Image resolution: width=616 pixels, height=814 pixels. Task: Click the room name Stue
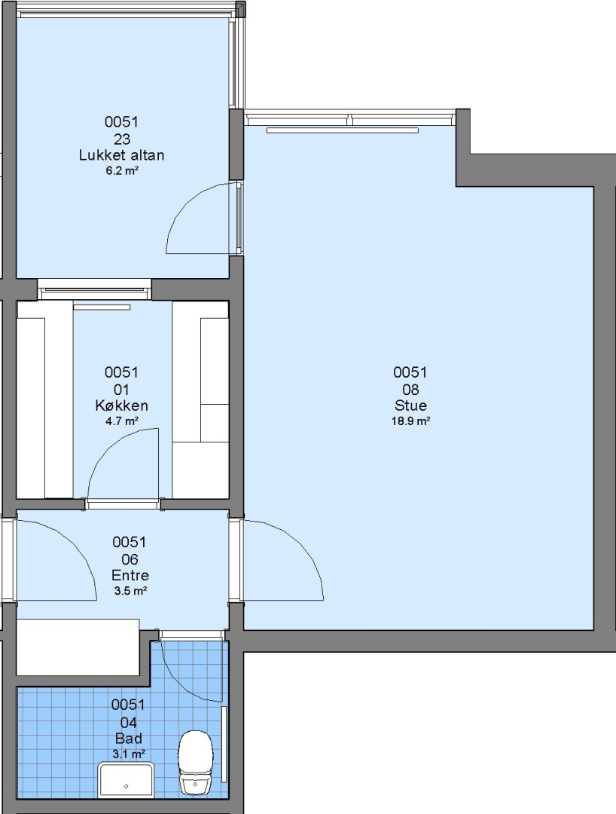410,405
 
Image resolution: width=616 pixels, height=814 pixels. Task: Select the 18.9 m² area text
410,421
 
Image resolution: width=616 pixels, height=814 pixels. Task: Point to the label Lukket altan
121,155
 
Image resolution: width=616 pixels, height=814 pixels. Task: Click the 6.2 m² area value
122,170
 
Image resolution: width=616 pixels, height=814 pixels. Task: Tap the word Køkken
121,405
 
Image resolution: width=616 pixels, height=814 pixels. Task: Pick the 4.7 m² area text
122,421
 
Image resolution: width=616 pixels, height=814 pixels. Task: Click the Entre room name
130,575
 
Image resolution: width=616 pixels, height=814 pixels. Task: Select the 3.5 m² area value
130,591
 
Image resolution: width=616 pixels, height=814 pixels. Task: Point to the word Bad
128,738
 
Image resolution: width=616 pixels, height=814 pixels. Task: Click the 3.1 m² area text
129,754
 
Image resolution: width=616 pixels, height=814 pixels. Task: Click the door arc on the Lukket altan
188,204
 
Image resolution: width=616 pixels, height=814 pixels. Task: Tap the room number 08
410,390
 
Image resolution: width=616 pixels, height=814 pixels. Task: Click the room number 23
121,139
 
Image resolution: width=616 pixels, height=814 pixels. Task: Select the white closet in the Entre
78,647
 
